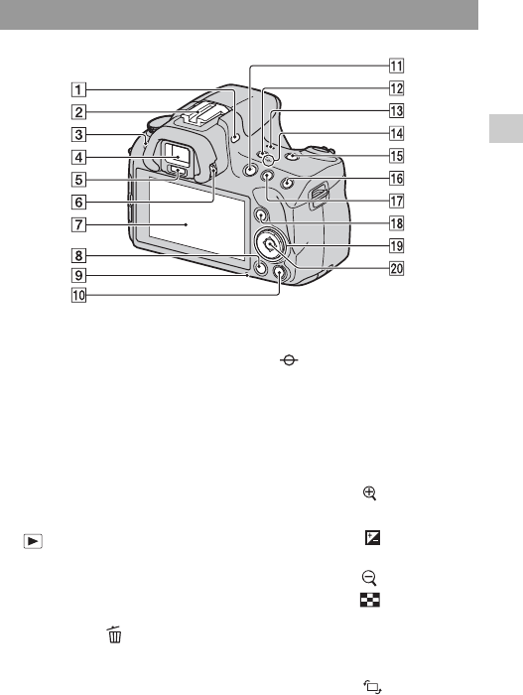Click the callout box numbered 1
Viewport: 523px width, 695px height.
click(78, 90)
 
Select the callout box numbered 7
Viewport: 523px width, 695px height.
click(78, 224)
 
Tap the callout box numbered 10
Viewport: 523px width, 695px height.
click(78, 295)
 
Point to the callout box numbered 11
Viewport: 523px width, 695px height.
click(396, 67)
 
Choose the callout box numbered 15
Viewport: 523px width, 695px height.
click(396, 156)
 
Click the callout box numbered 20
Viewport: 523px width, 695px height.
click(396, 268)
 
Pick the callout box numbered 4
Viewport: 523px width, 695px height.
click(78, 157)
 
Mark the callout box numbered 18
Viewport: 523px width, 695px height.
click(396, 223)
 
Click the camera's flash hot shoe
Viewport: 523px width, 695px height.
click(200, 118)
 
